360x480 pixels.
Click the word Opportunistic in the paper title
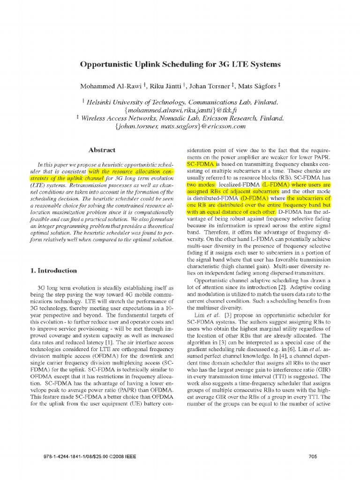[110, 64]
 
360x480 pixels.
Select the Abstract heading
[102, 150]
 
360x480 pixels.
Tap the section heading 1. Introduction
[53, 270]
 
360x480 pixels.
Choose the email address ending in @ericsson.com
[180, 127]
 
